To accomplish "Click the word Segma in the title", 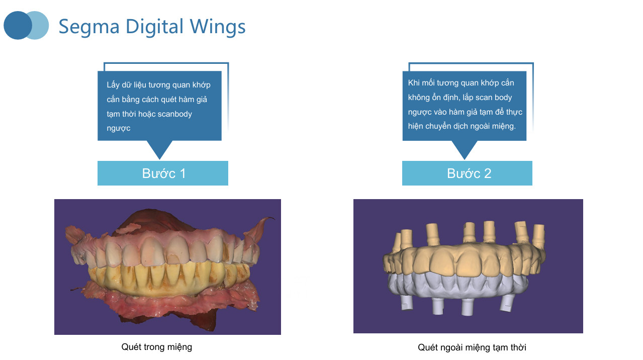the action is (x=89, y=27).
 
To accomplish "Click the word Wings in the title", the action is (x=218, y=27).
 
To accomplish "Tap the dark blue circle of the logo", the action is (x=17, y=25).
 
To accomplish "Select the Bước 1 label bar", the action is (x=163, y=173).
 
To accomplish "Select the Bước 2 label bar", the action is (x=467, y=173).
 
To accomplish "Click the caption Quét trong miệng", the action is (x=157, y=347).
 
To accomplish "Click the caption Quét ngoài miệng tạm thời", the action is (x=472, y=347).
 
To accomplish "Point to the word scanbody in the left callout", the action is (x=175, y=114).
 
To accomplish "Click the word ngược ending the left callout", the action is (x=119, y=128).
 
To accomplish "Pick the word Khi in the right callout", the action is (x=414, y=82).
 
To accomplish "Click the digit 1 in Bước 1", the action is (x=182, y=173).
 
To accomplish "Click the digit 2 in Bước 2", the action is (x=488, y=173).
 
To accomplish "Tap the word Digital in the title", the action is (x=154, y=27).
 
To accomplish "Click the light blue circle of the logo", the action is (x=40, y=25).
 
